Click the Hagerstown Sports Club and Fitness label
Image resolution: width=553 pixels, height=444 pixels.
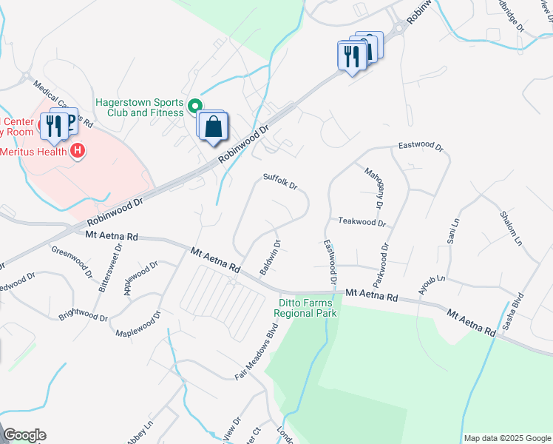pyautogui.click(x=138, y=107)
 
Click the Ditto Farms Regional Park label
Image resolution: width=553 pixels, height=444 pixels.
pyautogui.click(x=305, y=308)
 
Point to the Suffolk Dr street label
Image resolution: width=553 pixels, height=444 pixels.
pyautogui.click(x=280, y=181)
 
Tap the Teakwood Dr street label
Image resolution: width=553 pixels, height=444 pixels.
pyautogui.click(x=362, y=221)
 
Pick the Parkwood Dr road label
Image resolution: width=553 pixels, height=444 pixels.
pyautogui.click(x=381, y=266)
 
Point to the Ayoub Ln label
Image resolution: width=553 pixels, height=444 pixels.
pyautogui.click(x=432, y=284)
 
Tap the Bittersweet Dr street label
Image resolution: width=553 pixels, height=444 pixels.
pyautogui.click(x=105, y=272)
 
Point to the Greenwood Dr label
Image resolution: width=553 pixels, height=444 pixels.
pyautogui.click(x=72, y=256)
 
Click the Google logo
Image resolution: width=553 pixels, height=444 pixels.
pyautogui.click(x=24, y=435)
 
